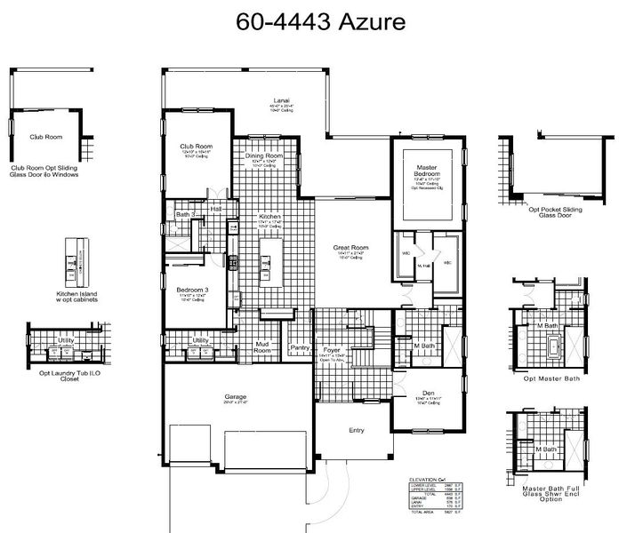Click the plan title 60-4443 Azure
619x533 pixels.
pyautogui.click(x=309, y=22)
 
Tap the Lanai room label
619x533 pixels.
pyautogui.click(x=282, y=100)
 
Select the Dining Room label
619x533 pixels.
pyautogui.click(x=264, y=156)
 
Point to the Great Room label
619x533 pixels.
pyautogui.click(x=351, y=248)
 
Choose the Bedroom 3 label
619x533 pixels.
pyautogui.click(x=192, y=290)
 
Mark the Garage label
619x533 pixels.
pyautogui.click(x=236, y=396)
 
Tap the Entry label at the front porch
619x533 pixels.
pyautogui.click(x=357, y=430)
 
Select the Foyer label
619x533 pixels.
pyautogui.click(x=332, y=350)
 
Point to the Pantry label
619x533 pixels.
pyautogui.click(x=300, y=348)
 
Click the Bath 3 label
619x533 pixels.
pyautogui.click(x=184, y=214)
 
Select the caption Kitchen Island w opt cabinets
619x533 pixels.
pyautogui.click(x=76, y=296)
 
